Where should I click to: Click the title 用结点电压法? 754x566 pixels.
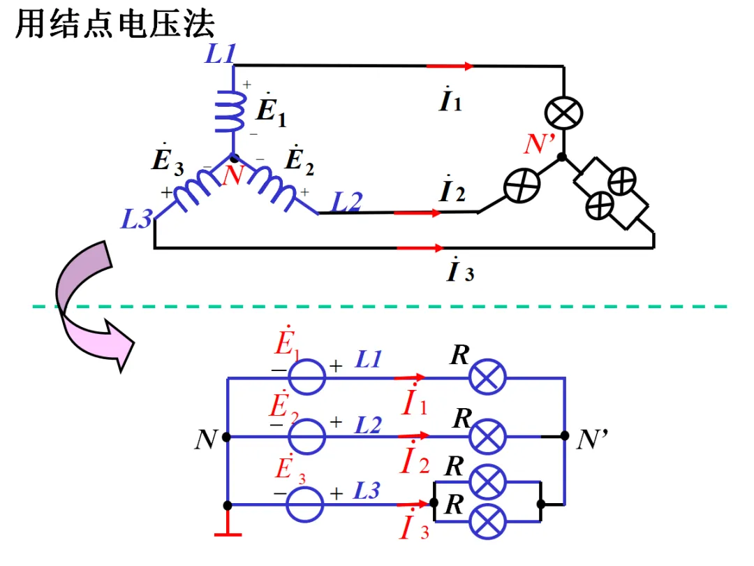tap(114, 23)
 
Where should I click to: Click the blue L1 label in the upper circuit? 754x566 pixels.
tap(220, 53)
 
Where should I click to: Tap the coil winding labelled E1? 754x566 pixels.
tap(230, 111)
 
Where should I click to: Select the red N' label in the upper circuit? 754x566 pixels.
tap(539, 143)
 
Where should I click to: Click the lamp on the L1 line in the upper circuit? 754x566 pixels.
tap(563, 114)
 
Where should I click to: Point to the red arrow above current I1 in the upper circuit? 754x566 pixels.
tap(450, 66)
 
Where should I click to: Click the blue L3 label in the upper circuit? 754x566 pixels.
tap(137, 219)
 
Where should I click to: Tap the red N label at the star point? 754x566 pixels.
tap(234, 175)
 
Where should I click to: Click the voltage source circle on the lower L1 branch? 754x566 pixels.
tap(306, 377)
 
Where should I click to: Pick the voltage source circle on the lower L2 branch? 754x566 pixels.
tap(306, 437)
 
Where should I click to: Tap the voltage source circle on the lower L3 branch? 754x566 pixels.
tap(304, 505)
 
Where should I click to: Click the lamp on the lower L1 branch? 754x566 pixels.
tap(487, 377)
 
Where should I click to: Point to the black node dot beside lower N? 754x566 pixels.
tap(226, 437)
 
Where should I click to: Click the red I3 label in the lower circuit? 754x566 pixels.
tap(414, 525)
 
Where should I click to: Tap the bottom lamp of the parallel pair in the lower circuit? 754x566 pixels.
tap(487, 522)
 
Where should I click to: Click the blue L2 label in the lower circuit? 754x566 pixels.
tap(368, 425)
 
